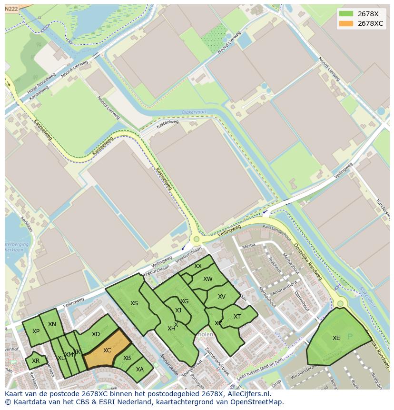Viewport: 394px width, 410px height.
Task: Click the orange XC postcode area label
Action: click(x=107, y=350)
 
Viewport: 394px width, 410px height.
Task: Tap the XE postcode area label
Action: click(x=336, y=338)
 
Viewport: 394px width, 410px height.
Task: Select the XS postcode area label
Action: click(x=134, y=303)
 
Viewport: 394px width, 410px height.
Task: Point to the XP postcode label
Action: click(x=36, y=331)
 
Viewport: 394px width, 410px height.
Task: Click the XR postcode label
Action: click(x=36, y=361)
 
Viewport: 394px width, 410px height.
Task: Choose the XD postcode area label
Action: click(x=96, y=334)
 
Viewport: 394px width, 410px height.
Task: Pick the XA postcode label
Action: click(x=140, y=369)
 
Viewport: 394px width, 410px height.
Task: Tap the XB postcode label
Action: click(x=127, y=358)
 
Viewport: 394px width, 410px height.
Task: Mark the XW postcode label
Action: click(x=208, y=279)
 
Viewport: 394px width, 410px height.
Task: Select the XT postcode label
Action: click(x=237, y=317)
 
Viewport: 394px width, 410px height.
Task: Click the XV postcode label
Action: click(x=222, y=297)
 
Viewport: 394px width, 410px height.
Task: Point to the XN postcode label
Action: click(x=52, y=324)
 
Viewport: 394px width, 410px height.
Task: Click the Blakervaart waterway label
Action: click(x=195, y=113)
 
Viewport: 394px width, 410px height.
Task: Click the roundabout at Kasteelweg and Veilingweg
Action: click(x=196, y=240)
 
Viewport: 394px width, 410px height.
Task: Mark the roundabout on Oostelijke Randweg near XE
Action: click(x=340, y=303)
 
